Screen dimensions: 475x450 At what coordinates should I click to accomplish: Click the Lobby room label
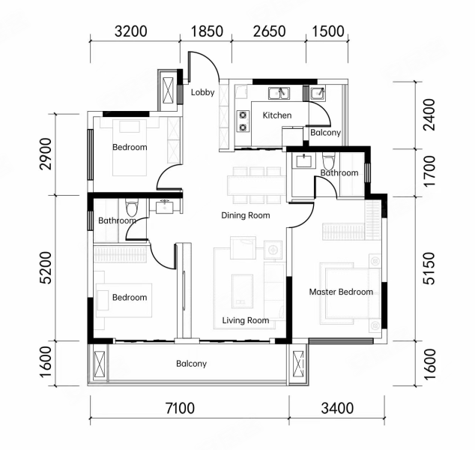[203, 92]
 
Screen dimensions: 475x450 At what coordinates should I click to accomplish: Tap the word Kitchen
[277, 115]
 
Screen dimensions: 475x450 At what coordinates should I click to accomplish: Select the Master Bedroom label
[341, 292]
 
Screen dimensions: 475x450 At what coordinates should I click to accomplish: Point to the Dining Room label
[246, 215]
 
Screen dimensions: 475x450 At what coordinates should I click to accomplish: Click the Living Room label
[246, 320]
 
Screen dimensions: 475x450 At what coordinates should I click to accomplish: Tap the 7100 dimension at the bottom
[180, 408]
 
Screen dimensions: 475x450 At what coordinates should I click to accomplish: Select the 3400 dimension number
[337, 408]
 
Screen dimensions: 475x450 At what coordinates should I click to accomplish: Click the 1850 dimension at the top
[208, 31]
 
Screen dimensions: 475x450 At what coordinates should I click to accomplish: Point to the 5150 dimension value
[429, 268]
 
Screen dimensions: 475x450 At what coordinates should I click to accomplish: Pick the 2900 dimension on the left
[46, 154]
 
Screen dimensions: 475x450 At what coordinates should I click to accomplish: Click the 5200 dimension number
[46, 268]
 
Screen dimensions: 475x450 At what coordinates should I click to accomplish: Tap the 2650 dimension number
[269, 31]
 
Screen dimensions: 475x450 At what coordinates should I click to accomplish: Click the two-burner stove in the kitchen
[243, 121]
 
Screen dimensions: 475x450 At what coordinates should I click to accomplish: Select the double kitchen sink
[279, 93]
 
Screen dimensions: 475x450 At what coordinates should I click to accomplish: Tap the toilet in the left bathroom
[132, 206]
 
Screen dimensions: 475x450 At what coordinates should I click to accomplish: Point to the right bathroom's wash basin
[304, 160]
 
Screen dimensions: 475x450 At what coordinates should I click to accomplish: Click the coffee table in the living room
[242, 291]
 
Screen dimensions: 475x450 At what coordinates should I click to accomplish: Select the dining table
[257, 185]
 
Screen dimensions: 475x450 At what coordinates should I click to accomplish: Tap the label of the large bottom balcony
[192, 363]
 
